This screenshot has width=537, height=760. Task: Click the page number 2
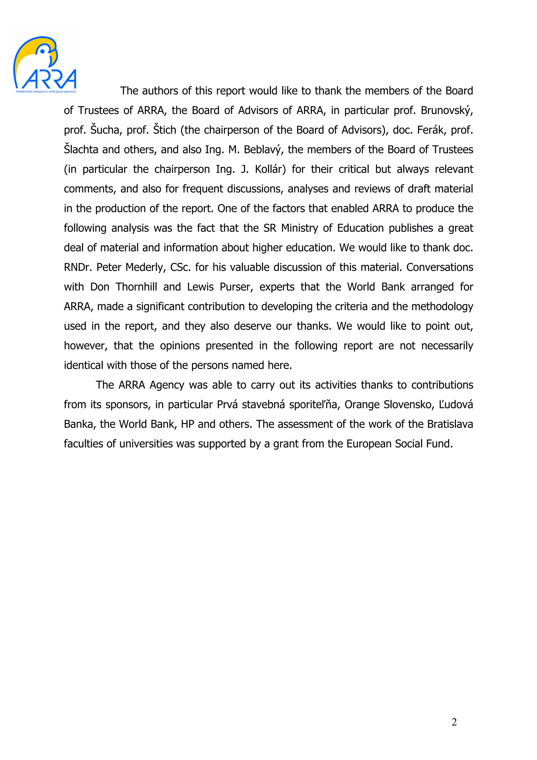tap(454, 722)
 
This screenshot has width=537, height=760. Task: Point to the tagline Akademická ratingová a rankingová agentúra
tap(46, 91)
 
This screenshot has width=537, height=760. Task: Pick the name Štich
tap(164, 130)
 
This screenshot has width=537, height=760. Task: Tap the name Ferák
tap(431, 130)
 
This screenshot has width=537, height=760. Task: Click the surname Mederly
tap(146, 267)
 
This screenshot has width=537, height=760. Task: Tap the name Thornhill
tap(136, 287)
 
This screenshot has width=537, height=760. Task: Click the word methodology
tap(442, 307)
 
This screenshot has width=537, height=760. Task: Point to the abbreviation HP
tap(187, 424)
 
